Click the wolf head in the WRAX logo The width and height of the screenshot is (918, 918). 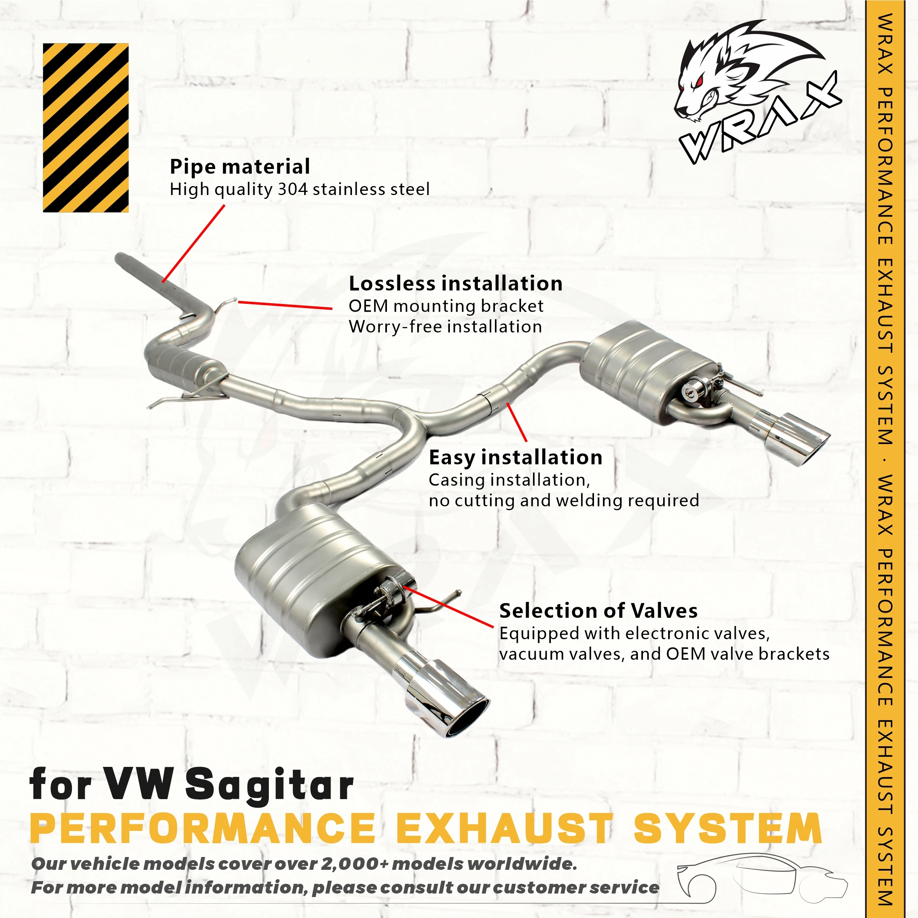tap(727, 76)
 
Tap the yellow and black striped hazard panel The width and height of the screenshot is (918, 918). tap(85, 127)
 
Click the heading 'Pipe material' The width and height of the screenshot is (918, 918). tap(240, 167)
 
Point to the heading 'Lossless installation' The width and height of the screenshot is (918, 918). tap(456, 284)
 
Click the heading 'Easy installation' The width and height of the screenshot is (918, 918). tap(516, 458)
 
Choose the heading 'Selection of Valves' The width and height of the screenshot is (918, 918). tap(598, 611)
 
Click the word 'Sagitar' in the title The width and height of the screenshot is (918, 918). tap(269, 784)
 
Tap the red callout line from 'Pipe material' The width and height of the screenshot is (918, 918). tap(193, 243)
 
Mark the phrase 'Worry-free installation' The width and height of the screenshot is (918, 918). tap(445, 327)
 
